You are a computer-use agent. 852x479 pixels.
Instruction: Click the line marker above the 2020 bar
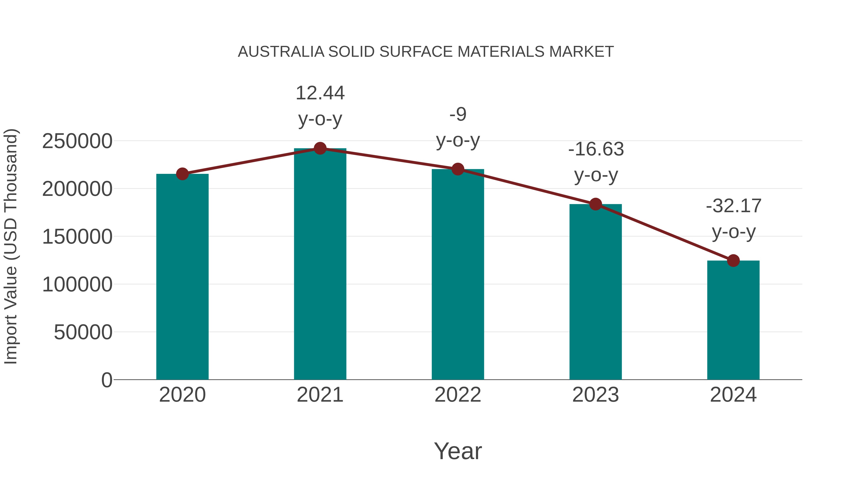pyautogui.click(x=182, y=174)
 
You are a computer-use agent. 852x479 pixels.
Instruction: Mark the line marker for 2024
pyautogui.click(x=733, y=260)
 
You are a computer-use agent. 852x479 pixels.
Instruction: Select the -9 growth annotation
pyautogui.click(x=458, y=115)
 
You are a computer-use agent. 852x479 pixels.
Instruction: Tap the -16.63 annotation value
pyautogui.click(x=596, y=149)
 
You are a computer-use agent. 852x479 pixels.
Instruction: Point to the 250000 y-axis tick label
pyautogui.click(x=77, y=141)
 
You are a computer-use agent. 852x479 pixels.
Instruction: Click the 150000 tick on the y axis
pyautogui.click(x=77, y=237)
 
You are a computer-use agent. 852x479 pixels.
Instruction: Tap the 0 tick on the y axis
pyautogui.click(x=106, y=380)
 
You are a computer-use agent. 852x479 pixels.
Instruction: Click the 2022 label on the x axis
pyautogui.click(x=458, y=395)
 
